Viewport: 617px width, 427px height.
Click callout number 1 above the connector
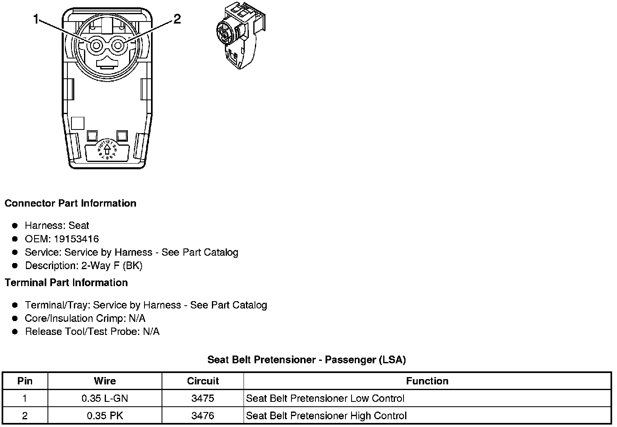point(37,19)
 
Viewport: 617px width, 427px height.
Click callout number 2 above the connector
point(177,19)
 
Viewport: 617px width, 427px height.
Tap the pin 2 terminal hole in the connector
point(118,45)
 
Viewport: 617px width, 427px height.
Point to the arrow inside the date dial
point(107,150)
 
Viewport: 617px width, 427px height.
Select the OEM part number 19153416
point(76,239)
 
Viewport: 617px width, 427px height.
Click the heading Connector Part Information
point(70,203)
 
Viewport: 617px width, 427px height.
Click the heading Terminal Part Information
point(66,283)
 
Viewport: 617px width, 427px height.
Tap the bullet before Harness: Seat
point(15,226)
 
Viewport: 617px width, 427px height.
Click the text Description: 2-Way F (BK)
point(84,265)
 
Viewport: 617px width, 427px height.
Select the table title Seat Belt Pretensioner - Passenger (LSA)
point(306,360)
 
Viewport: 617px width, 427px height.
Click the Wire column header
point(105,381)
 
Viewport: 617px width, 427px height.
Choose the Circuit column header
point(203,381)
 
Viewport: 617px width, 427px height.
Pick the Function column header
point(427,381)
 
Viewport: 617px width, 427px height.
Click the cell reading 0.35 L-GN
point(105,399)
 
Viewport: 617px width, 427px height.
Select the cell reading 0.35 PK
point(105,416)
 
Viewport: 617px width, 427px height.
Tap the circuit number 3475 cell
point(203,399)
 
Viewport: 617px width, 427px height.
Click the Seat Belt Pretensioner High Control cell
point(326,416)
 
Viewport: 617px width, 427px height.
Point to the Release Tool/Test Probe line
point(92,332)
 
